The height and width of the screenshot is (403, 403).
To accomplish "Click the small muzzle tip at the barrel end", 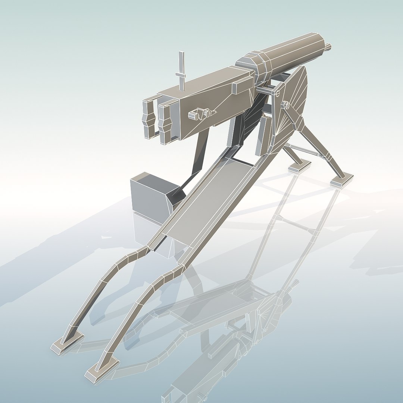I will pyautogui.click(x=328, y=46).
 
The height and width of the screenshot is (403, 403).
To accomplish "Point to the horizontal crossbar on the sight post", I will pyautogui.click(x=181, y=75).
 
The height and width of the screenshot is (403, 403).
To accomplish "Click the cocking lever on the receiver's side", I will pyautogui.click(x=201, y=113).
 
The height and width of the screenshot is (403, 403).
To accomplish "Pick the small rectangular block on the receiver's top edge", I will pyautogui.click(x=241, y=87).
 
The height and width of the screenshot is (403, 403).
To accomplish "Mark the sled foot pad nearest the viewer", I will pyautogui.click(x=101, y=369).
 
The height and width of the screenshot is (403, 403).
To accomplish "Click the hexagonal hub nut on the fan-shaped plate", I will pyautogui.click(x=286, y=106).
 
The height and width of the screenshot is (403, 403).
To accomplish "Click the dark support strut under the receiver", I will pyautogui.click(x=200, y=153).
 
